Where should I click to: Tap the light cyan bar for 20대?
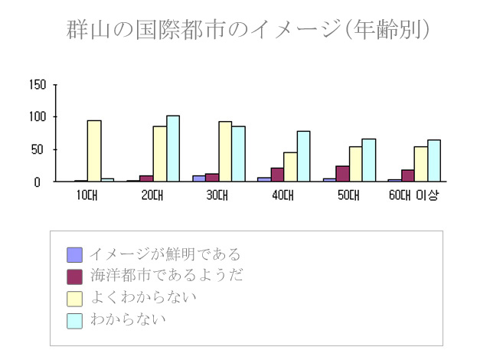pos(173,149)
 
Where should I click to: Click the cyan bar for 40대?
pos(304,156)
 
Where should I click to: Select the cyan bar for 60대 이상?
pos(434,161)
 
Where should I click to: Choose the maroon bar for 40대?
pos(277,175)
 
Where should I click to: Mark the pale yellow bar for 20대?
pos(159,154)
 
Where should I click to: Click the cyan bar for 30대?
pos(239,154)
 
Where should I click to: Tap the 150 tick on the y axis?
pos(38,84)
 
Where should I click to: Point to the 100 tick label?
pos(38,117)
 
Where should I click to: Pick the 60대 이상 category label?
pos(419,195)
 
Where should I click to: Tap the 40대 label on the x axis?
pos(283,195)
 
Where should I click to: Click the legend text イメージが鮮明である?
pos(165,254)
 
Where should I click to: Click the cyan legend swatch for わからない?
pos(74,319)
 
